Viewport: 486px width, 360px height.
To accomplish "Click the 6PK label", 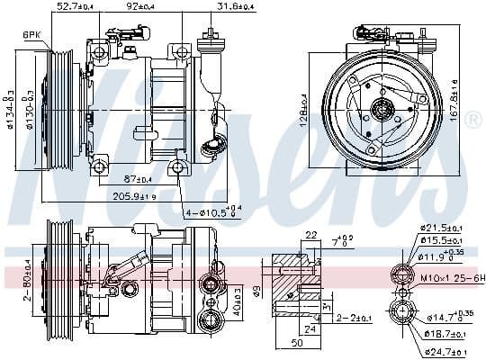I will tap(31, 35).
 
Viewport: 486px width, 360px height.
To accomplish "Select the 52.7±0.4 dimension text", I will tap(75, 8).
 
